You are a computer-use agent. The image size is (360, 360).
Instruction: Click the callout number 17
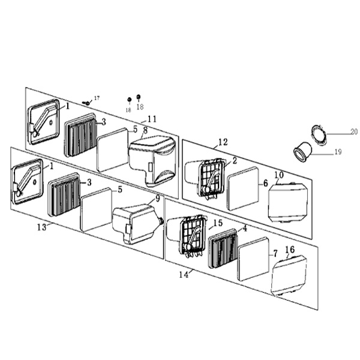[x=97, y=98]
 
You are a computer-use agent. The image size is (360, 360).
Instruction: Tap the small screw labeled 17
[x=86, y=103]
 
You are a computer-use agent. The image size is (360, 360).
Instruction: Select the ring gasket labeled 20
[x=319, y=135]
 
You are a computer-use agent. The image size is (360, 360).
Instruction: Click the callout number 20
[x=354, y=131]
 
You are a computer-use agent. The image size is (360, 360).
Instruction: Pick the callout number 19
[x=338, y=152]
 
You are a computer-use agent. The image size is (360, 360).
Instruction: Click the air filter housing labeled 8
[x=153, y=160]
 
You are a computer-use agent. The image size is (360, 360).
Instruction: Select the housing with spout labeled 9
[x=138, y=224]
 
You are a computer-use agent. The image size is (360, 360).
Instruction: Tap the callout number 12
[x=223, y=142]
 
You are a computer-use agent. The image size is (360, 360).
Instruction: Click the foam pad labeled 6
[x=243, y=188]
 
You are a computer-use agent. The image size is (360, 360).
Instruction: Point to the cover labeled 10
[x=288, y=203]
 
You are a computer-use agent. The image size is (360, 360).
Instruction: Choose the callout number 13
[x=42, y=227]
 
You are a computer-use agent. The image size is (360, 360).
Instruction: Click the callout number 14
[x=184, y=275]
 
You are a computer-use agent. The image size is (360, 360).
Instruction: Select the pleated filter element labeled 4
[x=223, y=248]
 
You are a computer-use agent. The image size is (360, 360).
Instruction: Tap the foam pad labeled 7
[x=254, y=259]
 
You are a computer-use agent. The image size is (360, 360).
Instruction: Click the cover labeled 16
[x=289, y=275]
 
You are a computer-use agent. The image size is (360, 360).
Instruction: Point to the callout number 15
[x=218, y=223]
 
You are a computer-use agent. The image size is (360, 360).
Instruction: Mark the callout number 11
[x=152, y=119]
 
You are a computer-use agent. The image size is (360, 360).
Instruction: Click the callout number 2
[x=235, y=160]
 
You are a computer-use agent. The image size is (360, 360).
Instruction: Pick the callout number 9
[x=157, y=199]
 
